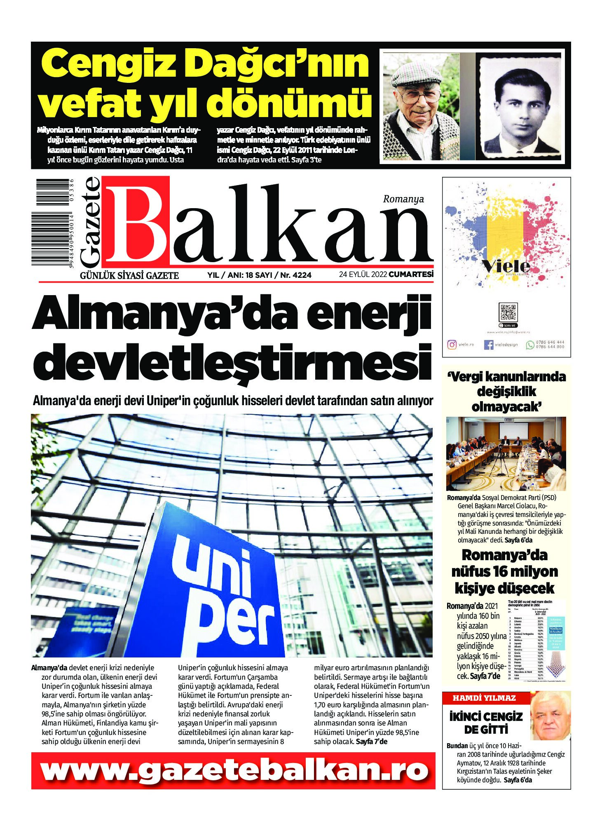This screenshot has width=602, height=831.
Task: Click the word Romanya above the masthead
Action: coord(403,200)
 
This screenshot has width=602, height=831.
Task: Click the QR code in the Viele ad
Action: coord(508,312)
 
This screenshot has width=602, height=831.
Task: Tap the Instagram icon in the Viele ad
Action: coord(452,345)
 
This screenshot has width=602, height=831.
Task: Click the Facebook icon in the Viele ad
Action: coord(488,345)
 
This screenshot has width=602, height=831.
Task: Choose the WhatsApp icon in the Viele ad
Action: coord(529,345)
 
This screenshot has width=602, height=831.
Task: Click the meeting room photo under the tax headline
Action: coord(506,453)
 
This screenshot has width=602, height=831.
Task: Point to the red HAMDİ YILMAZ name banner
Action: coord(484,698)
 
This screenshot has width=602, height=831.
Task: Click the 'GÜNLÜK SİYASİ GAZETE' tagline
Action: coord(129,275)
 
